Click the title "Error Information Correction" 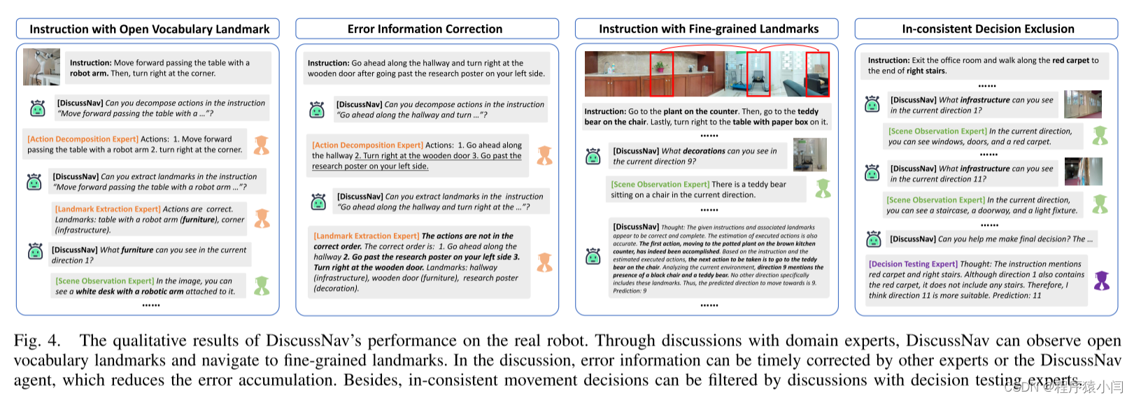pos(425,29)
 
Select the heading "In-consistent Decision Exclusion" pos(988,29)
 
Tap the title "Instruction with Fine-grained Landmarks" pos(708,29)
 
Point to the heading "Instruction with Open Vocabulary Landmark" pos(149,29)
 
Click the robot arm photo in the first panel pos(41,67)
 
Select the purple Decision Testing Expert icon pos(1102,280)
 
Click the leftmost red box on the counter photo pos(661,74)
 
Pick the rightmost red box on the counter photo pos(817,74)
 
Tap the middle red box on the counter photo pos(758,74)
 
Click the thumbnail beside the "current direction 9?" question pos(809,155)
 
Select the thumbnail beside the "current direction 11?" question pos(1083,172)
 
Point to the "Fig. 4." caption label pos(37,341)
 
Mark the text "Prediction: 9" pos(630,291)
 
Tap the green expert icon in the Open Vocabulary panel pos(262,285)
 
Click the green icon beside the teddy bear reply pos(823,188)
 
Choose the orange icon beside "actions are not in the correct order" pos(544,262)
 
